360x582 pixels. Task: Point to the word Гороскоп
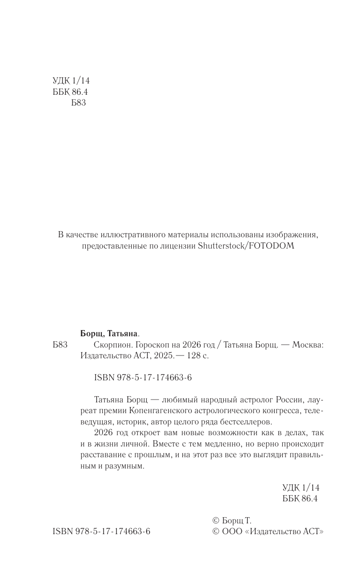click(x=145, y=345)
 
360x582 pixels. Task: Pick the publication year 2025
click(x=162, y=356)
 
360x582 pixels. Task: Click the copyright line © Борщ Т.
click(x=232, y=521)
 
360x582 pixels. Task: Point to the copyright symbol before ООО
click(x=216, y=532)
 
